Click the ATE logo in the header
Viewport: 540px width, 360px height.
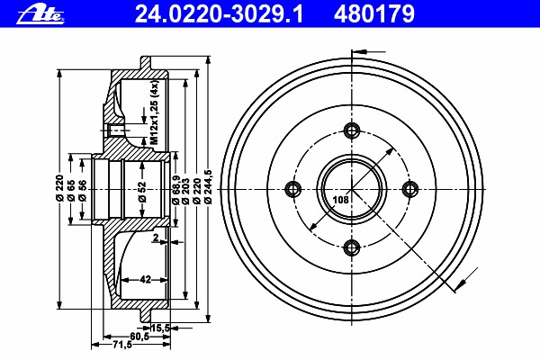point(41,15)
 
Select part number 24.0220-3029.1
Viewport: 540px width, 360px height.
point(219,14)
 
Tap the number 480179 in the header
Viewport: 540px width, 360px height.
point(374,14)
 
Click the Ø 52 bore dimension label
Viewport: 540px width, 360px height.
point(142,192)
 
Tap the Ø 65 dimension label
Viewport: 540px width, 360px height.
point(71,191)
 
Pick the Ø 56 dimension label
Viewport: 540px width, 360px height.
point(82,191)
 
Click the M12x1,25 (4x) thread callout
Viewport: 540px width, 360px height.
point(154,112)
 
